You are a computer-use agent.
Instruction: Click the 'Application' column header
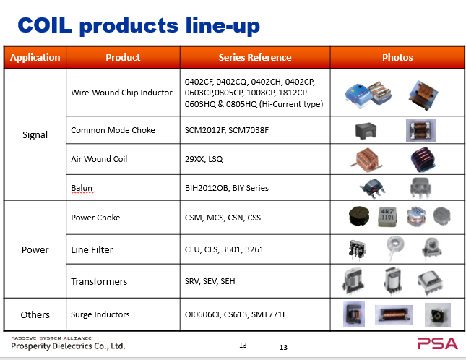35,57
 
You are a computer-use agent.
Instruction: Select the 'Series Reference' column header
255,57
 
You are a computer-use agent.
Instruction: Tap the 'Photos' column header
397,57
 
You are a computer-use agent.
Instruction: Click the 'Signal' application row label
35,135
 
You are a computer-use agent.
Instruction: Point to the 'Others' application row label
35,314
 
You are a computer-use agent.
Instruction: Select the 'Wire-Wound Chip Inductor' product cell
121,93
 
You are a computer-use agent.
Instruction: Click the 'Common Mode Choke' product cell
113,130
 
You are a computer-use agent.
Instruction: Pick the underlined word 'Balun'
82,188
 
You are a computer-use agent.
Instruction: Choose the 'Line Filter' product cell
92,249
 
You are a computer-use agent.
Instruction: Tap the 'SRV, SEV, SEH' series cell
210,281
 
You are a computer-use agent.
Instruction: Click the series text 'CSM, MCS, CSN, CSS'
223,218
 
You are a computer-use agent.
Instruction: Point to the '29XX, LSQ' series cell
204,159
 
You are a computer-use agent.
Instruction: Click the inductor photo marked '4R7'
387,217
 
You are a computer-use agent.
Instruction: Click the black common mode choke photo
366,131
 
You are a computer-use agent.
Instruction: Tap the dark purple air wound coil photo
423,160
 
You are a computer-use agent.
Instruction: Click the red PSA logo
438,343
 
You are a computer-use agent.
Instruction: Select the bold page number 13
283,347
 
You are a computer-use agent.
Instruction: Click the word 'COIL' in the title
45,25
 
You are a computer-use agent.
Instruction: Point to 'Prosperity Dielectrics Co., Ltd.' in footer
68,346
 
